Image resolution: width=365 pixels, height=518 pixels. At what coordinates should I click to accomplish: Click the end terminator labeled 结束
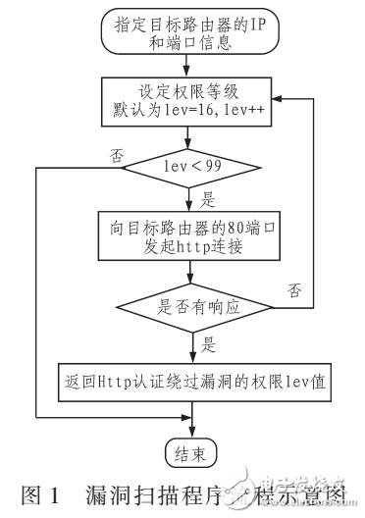189,452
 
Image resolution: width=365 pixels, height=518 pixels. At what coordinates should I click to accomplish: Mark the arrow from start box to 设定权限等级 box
189,66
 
